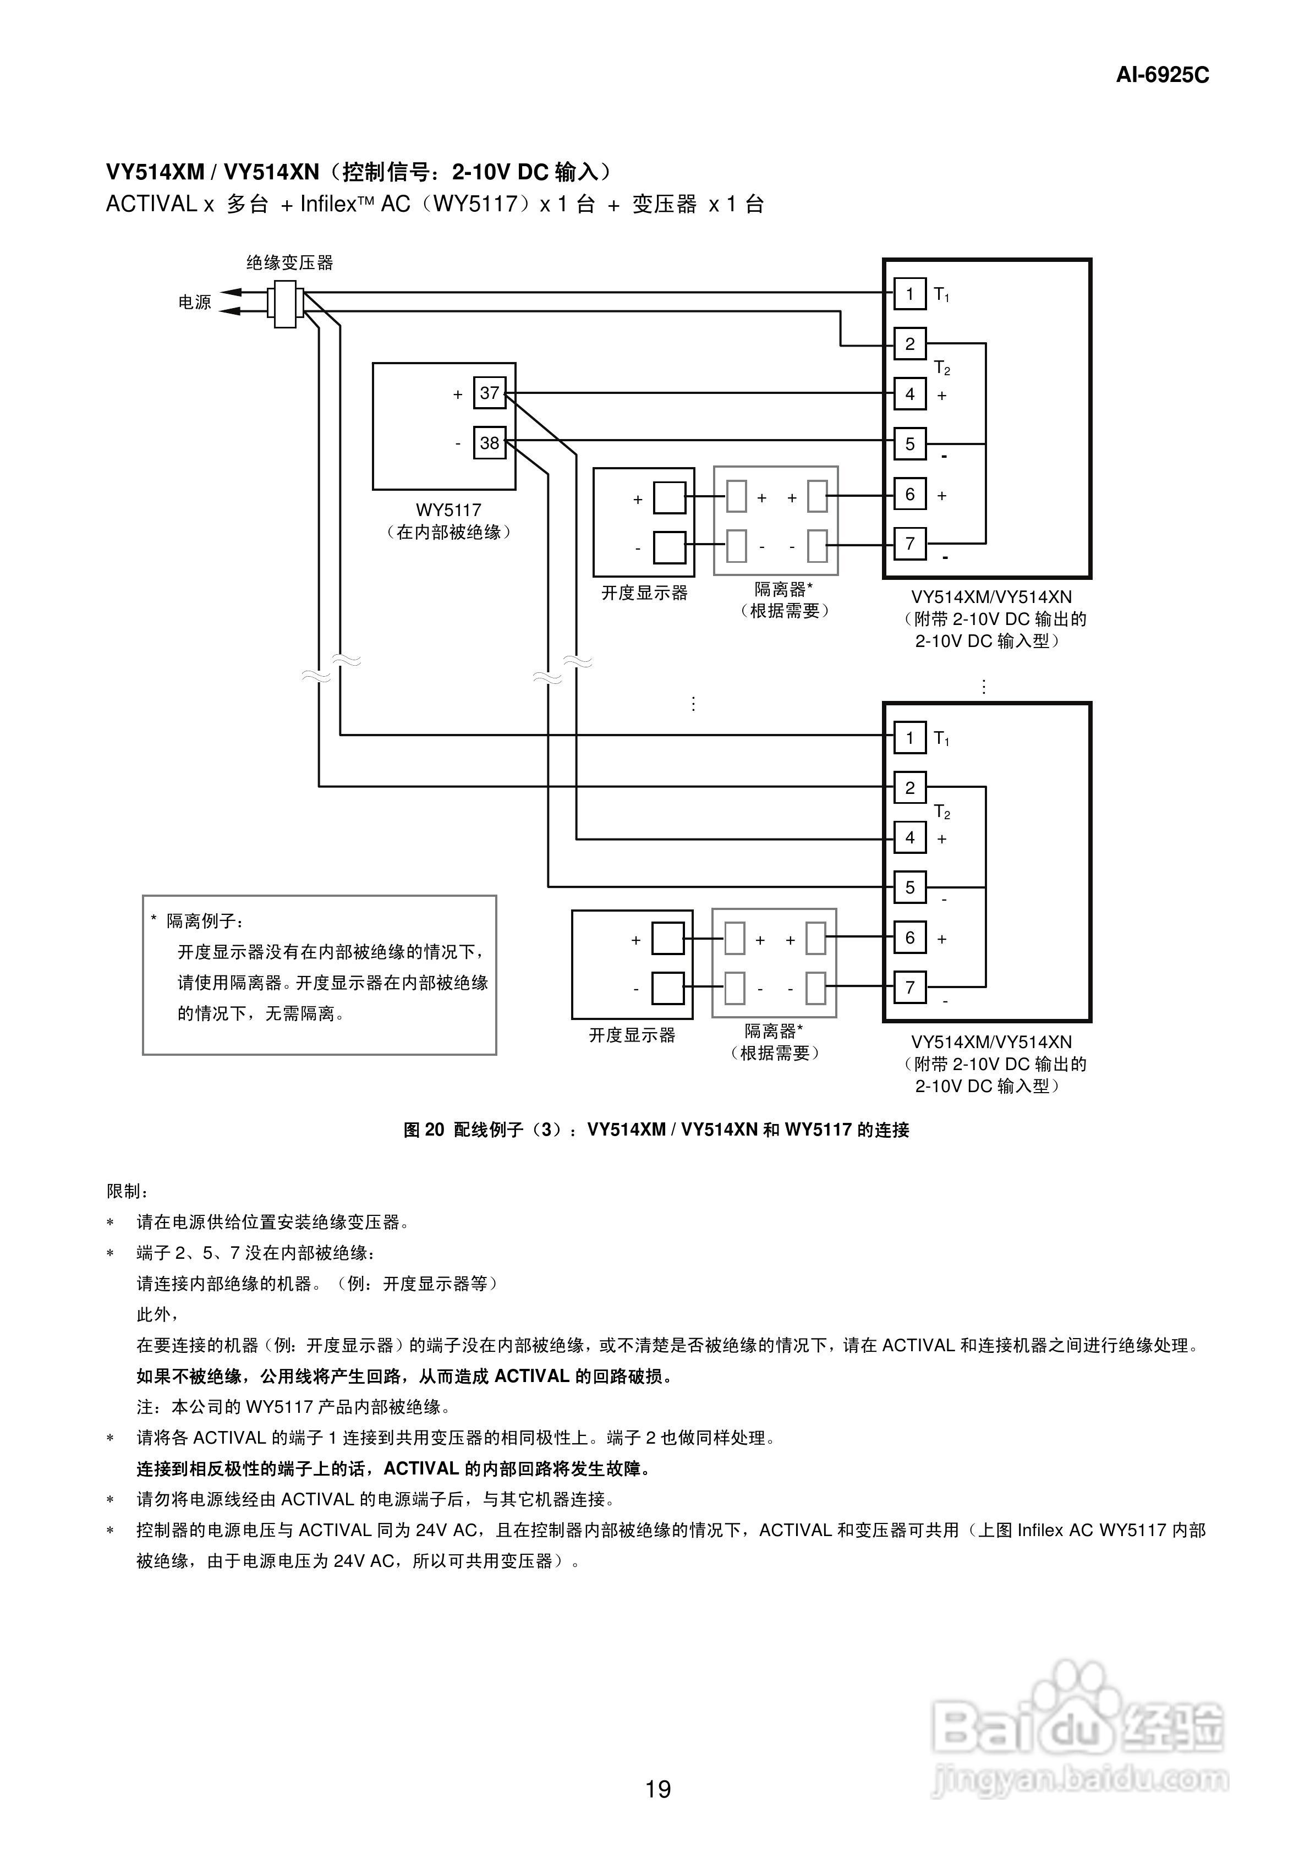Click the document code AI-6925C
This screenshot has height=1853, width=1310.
coord(1163,75)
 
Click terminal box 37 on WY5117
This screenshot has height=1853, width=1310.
coord(489,393)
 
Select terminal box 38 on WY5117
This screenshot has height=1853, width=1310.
coord(489,442)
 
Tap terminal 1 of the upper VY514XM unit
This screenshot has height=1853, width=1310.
coord(909,294)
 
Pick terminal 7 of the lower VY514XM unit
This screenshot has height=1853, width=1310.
coord(909,987)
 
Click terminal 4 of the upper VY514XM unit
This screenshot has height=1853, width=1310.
coord(909,394)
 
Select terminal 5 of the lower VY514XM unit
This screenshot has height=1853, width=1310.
coord(909,887)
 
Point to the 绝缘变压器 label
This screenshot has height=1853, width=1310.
coord(290,262)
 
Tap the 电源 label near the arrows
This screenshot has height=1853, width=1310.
coord(195,302)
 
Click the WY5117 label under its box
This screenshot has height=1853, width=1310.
coord(449,510)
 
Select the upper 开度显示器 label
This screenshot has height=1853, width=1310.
coord(644,593)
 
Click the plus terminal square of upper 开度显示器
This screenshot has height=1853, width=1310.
coord(669,498)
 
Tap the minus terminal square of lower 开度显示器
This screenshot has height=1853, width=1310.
coord(667,988)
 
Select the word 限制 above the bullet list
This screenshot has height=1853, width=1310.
coord(127,1191)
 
